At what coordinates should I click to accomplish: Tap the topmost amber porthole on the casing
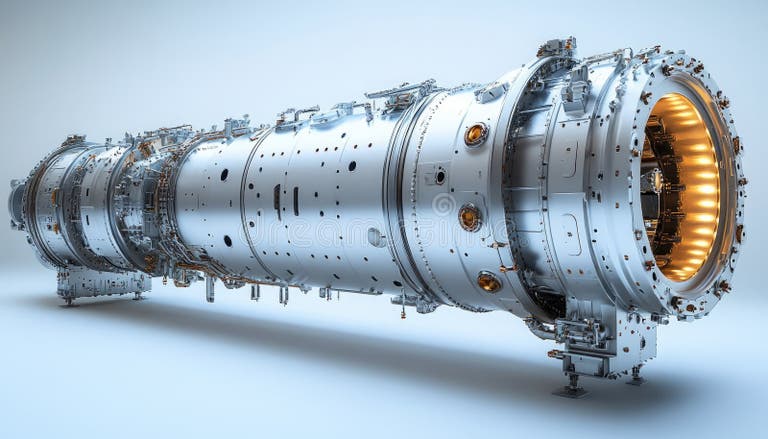tap(476, 134)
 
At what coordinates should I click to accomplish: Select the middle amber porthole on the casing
tap(469, 216)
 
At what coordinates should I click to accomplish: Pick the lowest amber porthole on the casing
tap(488, 282)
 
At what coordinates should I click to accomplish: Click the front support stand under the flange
tap(600, 345)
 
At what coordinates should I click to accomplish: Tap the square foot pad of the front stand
tap(571, 391)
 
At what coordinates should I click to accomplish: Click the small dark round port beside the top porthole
tap(440, 176)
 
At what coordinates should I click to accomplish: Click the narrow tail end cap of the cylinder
tap(18, 200)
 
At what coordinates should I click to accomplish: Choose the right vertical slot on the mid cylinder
tap(296, 200)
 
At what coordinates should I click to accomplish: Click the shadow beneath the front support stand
tap(520, 385)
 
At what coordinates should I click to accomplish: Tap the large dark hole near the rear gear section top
tap(223, 174)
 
